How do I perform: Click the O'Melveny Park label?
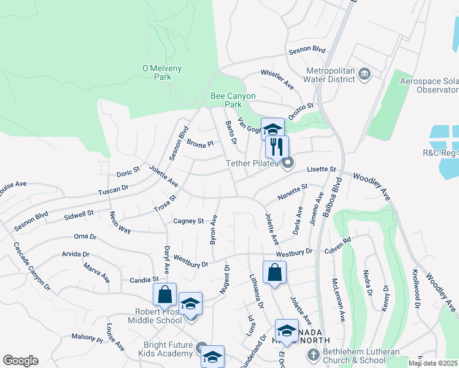(156, 72)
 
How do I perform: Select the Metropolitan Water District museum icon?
(364, 74)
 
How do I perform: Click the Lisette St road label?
(322, 169)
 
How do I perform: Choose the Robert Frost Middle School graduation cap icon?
(190, 304)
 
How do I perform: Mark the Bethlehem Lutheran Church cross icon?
(313, 354)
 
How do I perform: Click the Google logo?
(20, 361)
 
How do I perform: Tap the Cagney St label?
(188, 221)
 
